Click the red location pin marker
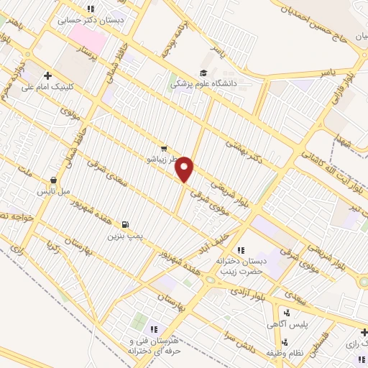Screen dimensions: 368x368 click(x=185, y=168)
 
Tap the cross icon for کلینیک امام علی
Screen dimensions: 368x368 click(x=48, y=75)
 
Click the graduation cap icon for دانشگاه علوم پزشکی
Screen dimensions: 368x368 click(x=204, y=73)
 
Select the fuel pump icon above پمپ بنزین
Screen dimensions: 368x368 click(x=126, y=224)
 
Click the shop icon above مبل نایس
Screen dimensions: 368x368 click(x=53, y=180)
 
